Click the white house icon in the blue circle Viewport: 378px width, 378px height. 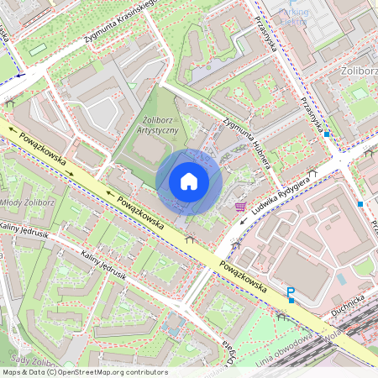188,181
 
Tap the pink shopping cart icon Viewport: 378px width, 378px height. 241,206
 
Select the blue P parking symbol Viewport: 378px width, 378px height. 291,293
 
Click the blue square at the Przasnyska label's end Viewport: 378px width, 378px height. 327,134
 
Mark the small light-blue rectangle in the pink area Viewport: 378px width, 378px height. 341,279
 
